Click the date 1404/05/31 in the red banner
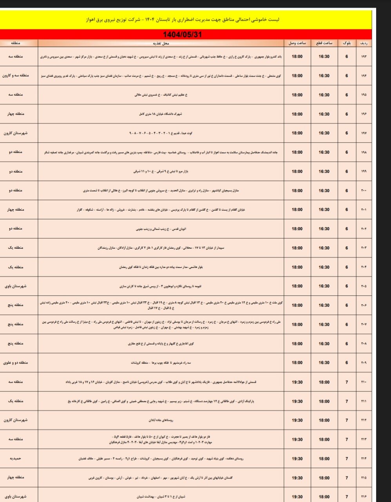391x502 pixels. click(182, 35)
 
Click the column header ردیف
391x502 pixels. click(364, 43)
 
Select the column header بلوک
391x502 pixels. click(347, 43)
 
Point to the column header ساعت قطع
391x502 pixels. click(324, 43)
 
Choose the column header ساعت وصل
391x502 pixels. click(297, 43)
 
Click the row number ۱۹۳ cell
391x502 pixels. click(364, 56)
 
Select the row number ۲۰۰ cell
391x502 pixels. click(364, 191)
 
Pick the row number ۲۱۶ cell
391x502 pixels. click(364, 497)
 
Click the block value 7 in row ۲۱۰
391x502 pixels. click(347, 382)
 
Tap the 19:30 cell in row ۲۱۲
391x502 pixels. click(297, 420)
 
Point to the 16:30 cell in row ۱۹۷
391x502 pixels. click(324, 133)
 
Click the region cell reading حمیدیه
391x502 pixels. click(16, 458)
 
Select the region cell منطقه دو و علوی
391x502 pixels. click(16, 363)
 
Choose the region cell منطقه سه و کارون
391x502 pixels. click(16, 76)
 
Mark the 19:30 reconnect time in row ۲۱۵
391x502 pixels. click(297, 478)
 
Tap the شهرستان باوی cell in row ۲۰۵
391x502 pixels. click(16, 286)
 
